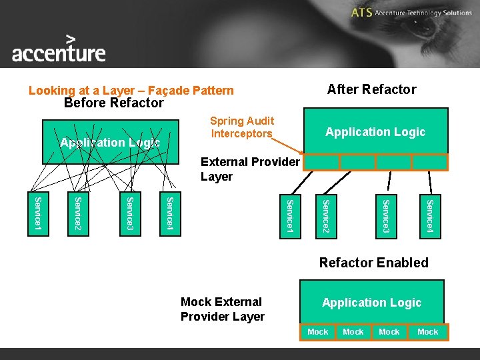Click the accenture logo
tap(59, 49)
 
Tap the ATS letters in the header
tap(361, 13)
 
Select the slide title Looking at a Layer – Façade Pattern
tap(131, 91)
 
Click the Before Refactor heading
tap(113, 103)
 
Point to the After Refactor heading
tap(371, 89)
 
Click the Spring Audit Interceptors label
tap(242, 127)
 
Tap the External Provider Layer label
tap(250, 169)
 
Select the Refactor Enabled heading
tap(373, 263)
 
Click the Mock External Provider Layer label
tap(223, 309)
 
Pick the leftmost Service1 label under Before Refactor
tap(38, 215)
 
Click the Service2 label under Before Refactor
tap(78, 215)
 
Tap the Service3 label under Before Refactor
tap(131, 215)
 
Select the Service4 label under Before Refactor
tap(170, 215)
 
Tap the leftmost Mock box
tap(318, 332)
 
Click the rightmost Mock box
tap(427, 332)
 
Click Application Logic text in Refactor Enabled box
tap(371, 303)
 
